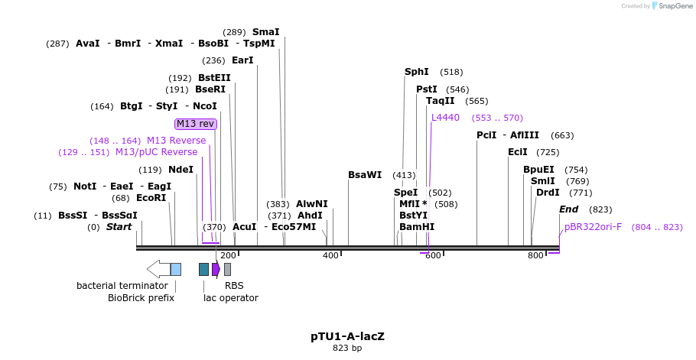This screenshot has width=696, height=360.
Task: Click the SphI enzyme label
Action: pyautogui.click(x=417, y=72)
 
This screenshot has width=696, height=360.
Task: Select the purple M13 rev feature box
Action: pyautogui.click(x=196, y=124)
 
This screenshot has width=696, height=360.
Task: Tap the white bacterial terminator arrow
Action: pyautogui.click(x=158, y=269)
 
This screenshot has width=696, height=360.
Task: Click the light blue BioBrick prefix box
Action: pyautogui.click(x=176, y=269)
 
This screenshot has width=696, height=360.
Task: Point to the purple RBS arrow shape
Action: pyautogui.click(x=216, y=269)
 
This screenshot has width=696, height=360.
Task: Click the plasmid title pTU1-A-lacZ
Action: pyautogui.click(x=347, y=336)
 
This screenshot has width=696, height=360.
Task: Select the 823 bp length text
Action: pyautogui.click(x=347, y=348)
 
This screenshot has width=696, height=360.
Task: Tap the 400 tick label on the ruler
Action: pyautogui.click(x=330, y=255)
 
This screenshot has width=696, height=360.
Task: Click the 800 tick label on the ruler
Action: pyautogui.click(x=535, y=255)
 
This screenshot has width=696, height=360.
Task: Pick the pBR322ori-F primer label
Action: pyautogui.click(x=593, y=227)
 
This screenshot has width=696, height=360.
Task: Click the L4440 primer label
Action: pyautogui.click(x=445, y=118)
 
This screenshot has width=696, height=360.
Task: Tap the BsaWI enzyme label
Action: pyautogui.click(x=365, y=175)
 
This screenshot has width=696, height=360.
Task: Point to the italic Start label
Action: pyautogui.click(x=119, y=227)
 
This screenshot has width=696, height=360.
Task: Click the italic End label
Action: pyautogui.click(x=568, y=209)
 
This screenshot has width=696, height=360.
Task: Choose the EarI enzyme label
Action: pyautogui.click(x=242, y=60)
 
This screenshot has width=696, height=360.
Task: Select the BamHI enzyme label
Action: pyautogui.click(x=417, y=227)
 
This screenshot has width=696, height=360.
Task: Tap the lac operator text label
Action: pyautogui.click(x=231, y=298)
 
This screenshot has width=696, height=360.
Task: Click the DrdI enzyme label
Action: pyautogui.click(x=548, y=193)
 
